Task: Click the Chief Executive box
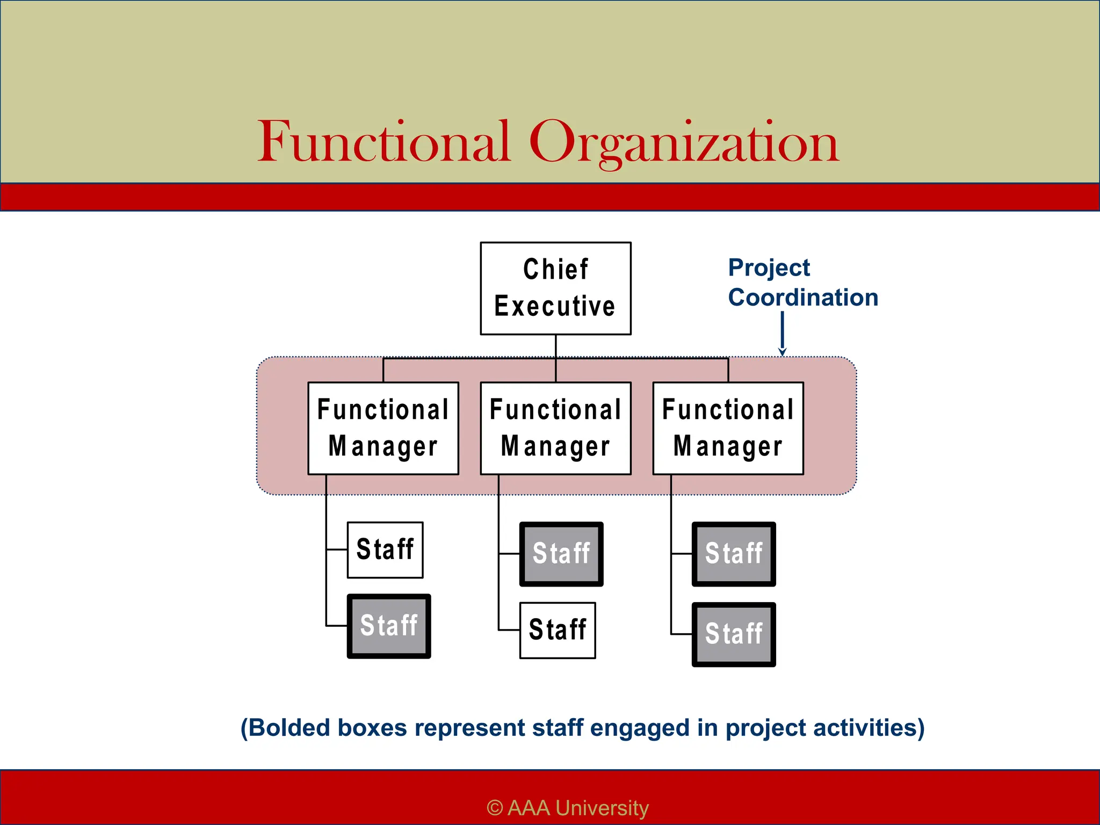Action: [555, 288]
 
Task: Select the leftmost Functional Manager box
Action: [383, 428]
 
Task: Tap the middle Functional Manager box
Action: [555, 428]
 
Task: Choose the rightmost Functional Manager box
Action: [728, 428]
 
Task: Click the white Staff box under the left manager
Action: [385, 550]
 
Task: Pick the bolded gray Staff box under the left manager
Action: [389, 626]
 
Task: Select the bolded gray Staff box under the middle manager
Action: [561, 554]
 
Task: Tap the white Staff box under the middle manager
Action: [558, 630]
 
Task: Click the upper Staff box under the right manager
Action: [734, 554]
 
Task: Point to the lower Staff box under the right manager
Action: [734, 634]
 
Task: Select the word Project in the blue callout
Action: [769, 267]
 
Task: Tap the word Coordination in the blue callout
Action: [803, 298]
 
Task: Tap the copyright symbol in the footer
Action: [495, 808]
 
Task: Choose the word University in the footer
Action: [602, 808]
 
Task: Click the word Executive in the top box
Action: [555, 307]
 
